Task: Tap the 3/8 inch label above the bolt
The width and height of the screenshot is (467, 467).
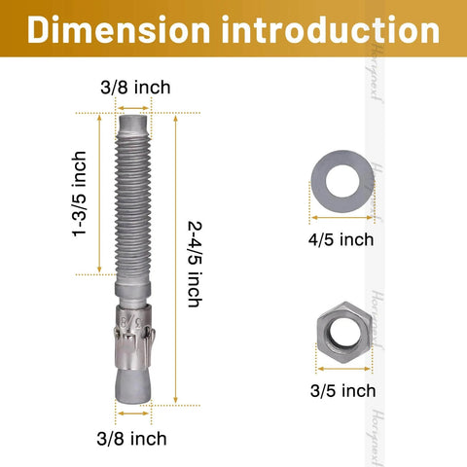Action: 136,88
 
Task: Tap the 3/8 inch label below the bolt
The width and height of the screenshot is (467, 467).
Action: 136,438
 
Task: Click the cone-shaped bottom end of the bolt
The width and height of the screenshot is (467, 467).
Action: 135,384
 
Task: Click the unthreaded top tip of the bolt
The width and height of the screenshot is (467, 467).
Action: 135,125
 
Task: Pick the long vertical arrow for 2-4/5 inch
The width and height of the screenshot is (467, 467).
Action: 176,258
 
